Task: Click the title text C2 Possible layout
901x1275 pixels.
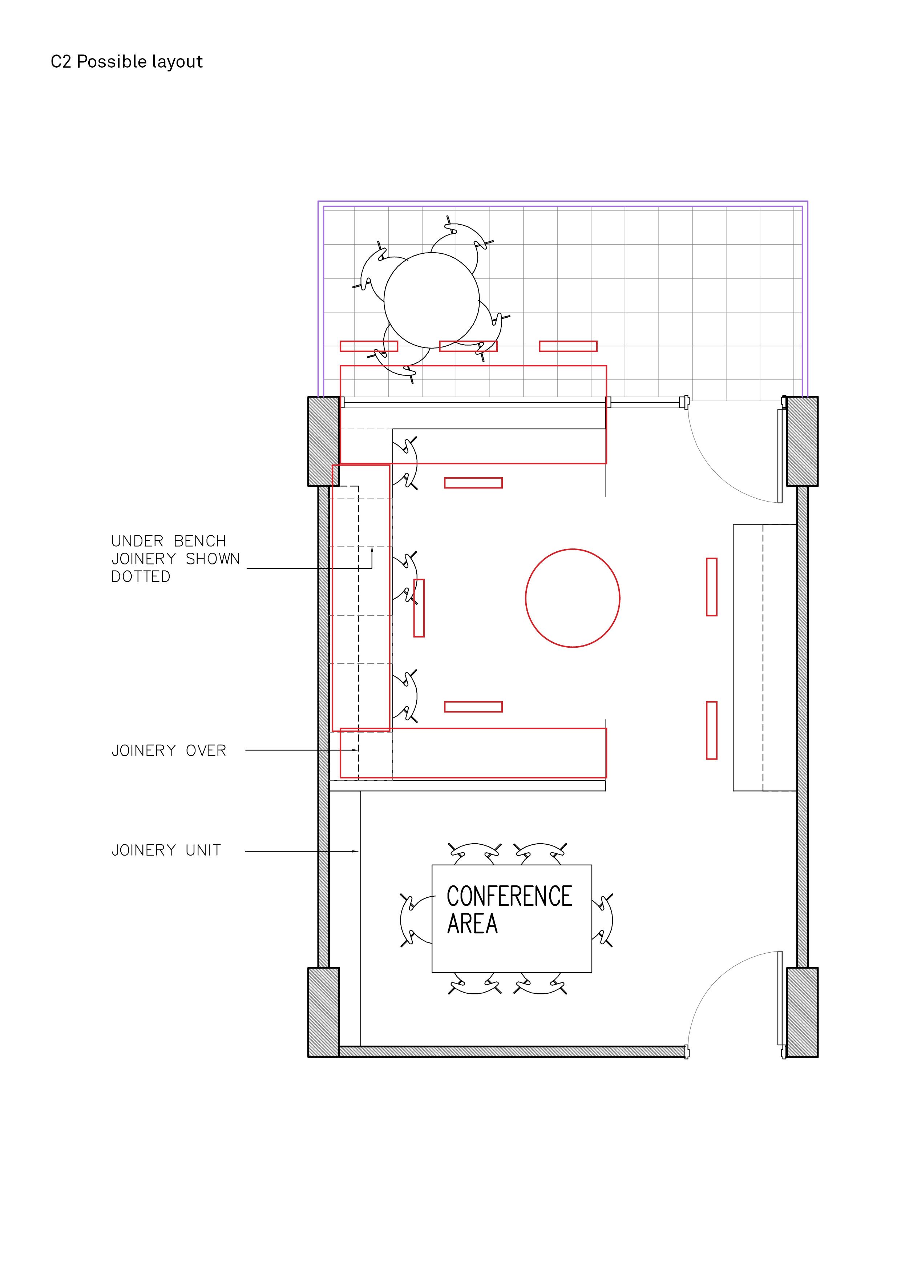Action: tap(126, 62)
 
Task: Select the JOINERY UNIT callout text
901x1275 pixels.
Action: tap(166, 850)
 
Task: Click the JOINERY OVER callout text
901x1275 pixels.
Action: tap(169, 751)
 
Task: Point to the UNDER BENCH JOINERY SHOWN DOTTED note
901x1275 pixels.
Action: tap(175, 559)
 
